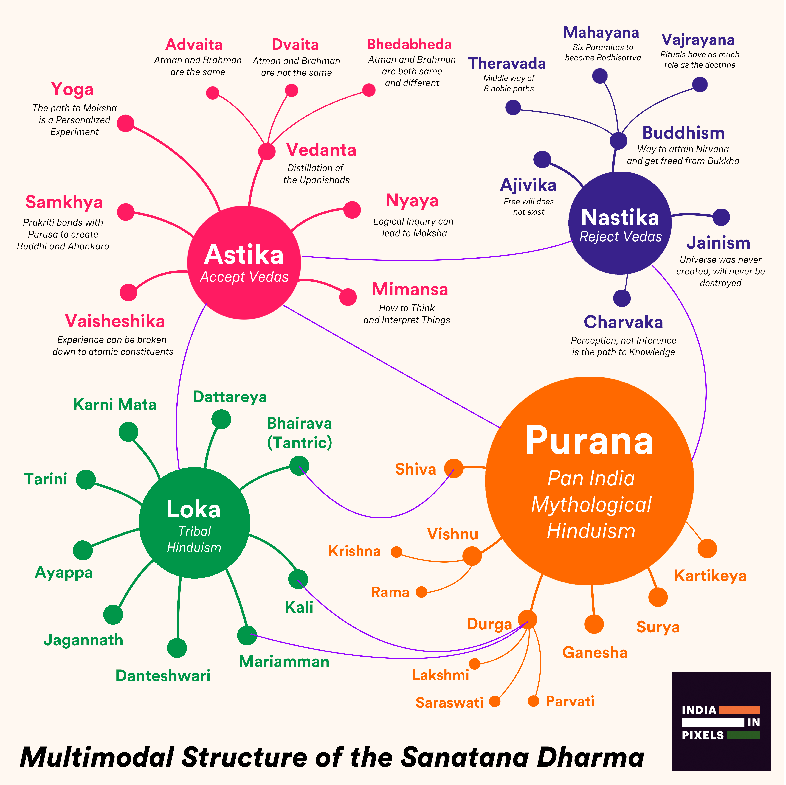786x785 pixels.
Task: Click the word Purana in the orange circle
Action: (589, 441)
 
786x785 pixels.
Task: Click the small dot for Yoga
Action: (126, 123)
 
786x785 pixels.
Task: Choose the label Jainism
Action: (718, 243)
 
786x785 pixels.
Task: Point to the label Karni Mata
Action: (115, 405)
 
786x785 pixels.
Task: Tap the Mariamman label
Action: (284, 661)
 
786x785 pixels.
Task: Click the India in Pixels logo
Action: (721, 721)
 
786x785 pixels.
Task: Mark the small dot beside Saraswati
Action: (494, 701)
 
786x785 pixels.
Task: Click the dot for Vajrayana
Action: (700, 85)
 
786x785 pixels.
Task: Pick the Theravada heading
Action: (507, 63)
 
